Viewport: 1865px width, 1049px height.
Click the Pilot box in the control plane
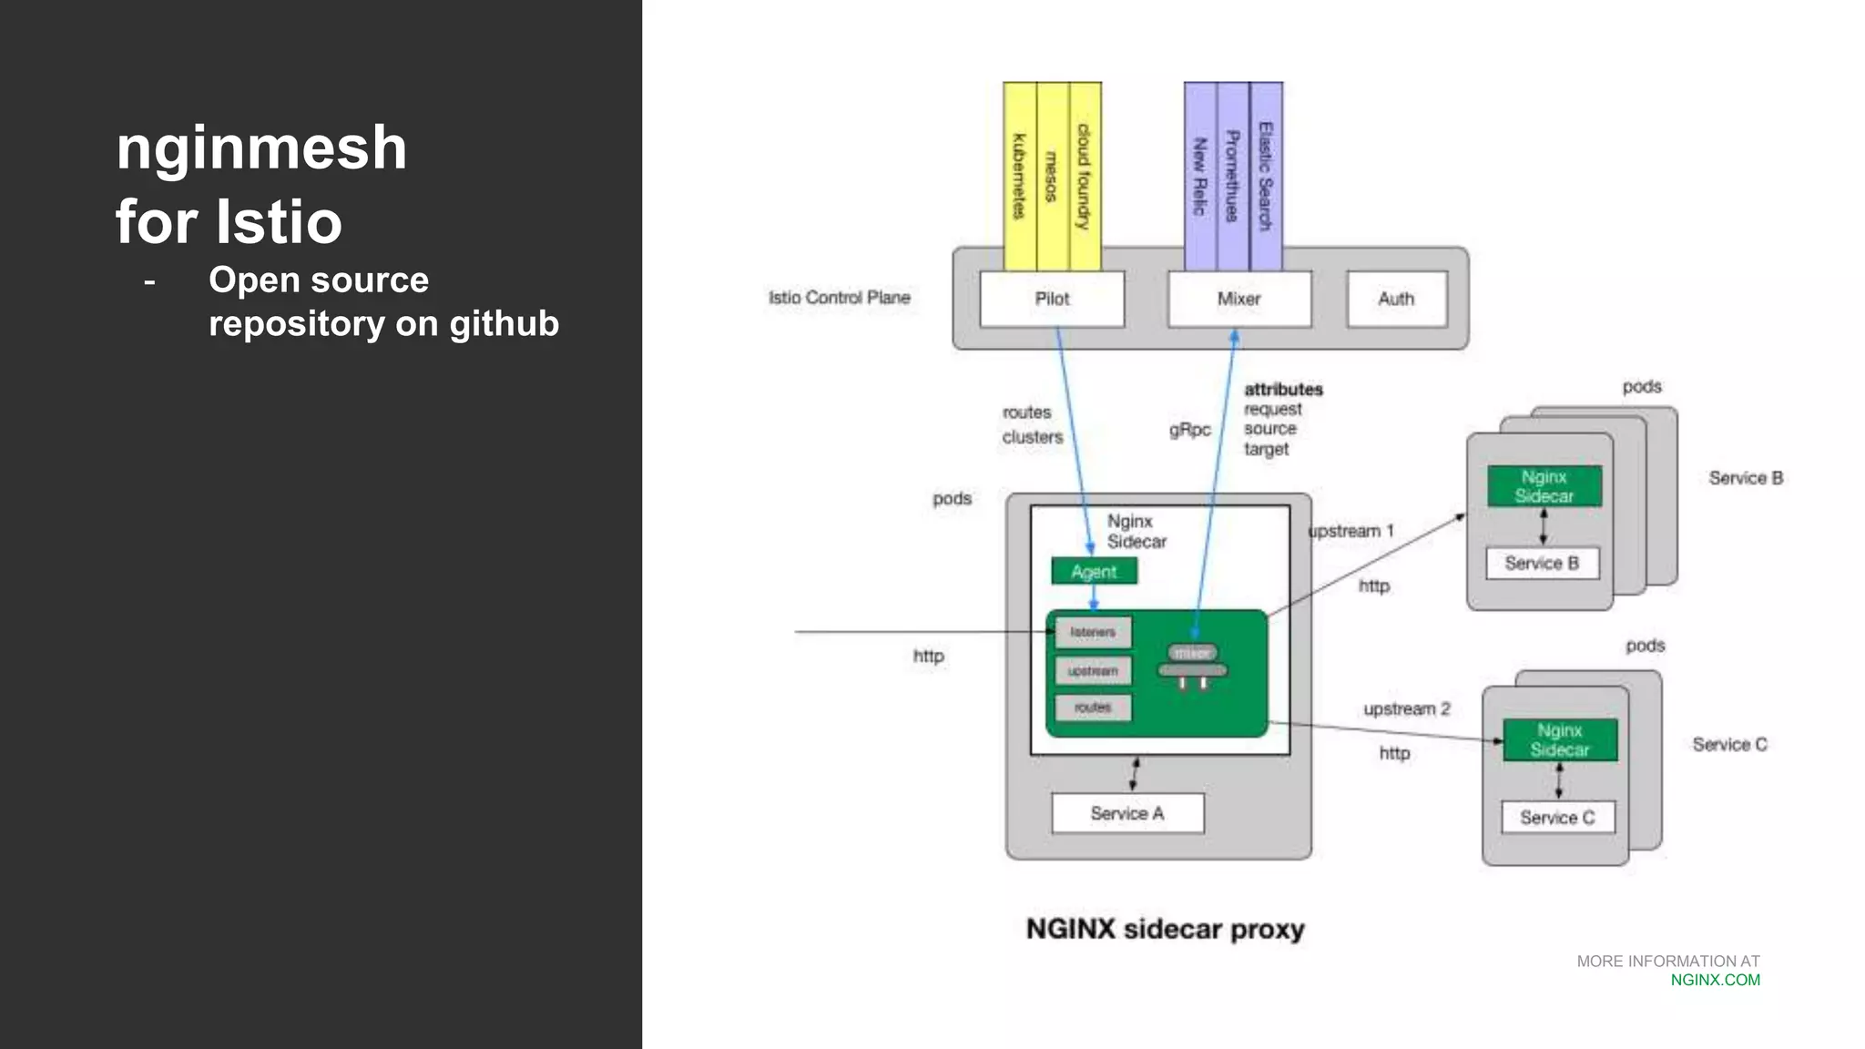tap(1052, 299)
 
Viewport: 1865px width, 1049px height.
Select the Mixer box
tap(1239, 299)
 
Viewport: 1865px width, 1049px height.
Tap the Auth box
tap(1396, 299)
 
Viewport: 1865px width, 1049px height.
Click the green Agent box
tap(1094, 572)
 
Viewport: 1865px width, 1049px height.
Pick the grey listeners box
tap(1093, 632)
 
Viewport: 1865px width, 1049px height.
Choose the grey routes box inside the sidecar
tap(1093, 708)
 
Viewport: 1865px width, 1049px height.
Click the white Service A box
tap(1127, 813)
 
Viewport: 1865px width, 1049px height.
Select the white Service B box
tap(1542, 563)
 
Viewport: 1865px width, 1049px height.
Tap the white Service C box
tap(1557, 818)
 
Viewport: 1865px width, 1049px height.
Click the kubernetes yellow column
tap(1019, 177)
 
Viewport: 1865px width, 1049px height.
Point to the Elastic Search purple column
tap(1266, 177)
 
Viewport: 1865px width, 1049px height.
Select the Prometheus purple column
tap(1232, 177)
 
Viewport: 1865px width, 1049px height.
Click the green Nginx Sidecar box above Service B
tap(1544, 486)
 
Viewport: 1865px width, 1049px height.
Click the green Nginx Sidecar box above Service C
tap(1560, 739)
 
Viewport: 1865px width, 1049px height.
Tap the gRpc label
tap(1189, 430)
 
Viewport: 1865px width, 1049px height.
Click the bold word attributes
tap(1283, 390)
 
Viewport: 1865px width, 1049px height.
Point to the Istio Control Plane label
tap(839, 298)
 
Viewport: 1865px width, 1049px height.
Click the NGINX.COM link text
tap(1715, 980)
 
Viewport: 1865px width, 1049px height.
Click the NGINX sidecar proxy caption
tap(1165, 929)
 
